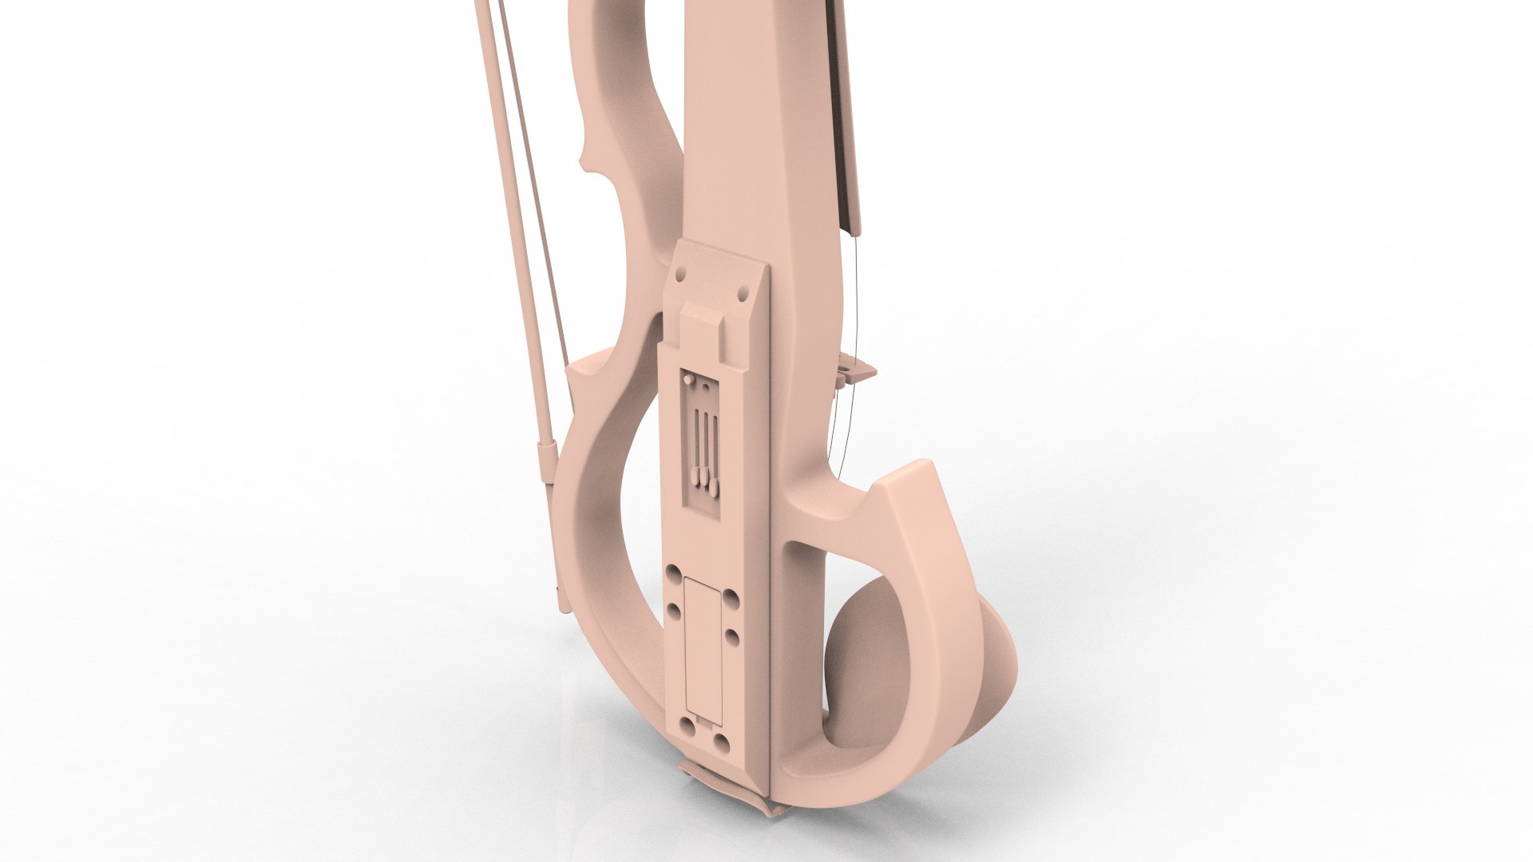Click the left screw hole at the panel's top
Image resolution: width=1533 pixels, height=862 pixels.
tap(681, 275)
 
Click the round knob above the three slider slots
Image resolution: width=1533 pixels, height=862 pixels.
tap(689, 379)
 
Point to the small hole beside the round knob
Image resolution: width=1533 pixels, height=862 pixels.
tap(706, 386)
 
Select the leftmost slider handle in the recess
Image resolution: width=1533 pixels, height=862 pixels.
tap(695, 476)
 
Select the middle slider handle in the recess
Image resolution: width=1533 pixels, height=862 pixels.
tap(704, 476)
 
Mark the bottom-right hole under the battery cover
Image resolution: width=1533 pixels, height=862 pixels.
tap(722, 743)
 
